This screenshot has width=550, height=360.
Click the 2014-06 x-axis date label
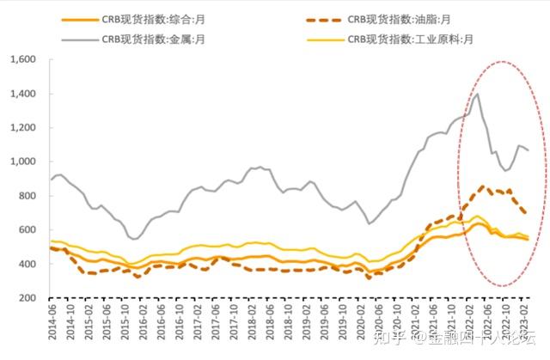(x=53, y=325)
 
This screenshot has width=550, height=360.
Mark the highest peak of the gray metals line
(x=477, y=95)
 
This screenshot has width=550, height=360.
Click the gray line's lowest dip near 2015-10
(x=134, y=239)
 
